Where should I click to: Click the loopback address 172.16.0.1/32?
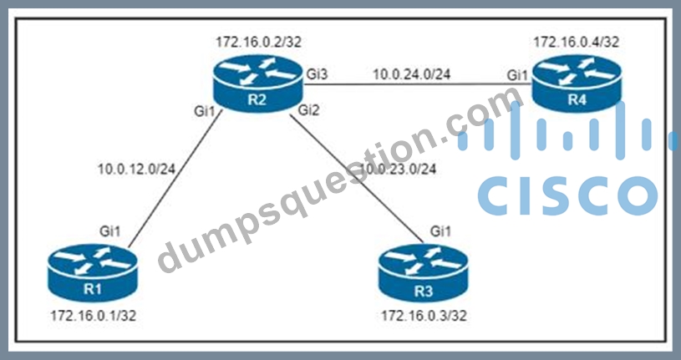[x=94, y=316]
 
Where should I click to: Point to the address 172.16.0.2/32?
[x=258, y=42]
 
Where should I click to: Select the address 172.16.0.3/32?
[x=424, y=316]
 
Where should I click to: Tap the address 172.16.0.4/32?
[x=577, y=42]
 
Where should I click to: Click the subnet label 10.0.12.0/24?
[x=137, y=170]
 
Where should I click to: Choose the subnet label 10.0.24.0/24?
[x=412, y=74]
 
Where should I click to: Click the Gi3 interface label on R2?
[x=317, y=74]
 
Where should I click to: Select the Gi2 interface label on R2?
[x=309, y=111]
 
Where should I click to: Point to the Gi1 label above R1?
[x=110, y=232]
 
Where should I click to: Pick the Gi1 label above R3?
[x=440, y=232]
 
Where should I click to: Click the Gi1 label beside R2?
[x=204, y=111]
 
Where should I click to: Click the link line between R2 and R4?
[x=418, y=85]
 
